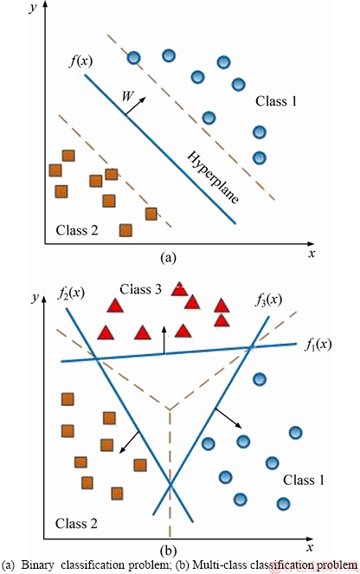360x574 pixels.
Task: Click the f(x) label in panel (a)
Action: (x=80, y=61)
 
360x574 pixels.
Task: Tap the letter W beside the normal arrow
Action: (x=127, y=96)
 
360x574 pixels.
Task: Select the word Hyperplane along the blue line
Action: (x=213, y=177)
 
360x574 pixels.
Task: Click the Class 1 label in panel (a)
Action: (x=276, y=100)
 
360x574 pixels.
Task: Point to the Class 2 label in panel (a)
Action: (x=77, y=230)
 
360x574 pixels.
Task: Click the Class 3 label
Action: (x=140, y=289)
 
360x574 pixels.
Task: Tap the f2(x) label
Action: (x=71, y=293)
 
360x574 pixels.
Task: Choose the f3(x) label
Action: (x=268, y=300)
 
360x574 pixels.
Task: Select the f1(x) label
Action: (x=318, y=345)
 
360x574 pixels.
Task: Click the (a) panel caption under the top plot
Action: (x=168, y=258)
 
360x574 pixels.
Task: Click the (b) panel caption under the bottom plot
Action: (x=168, y=551)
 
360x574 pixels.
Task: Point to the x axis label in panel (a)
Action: (x=312, y=253)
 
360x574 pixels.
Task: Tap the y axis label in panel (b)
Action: (x=35, y=298)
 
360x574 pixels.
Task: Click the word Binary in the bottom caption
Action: (x=38, y=564)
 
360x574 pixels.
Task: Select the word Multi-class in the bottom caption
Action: (x=215, y=564)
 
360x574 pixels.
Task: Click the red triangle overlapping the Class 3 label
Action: (x=179, y=289)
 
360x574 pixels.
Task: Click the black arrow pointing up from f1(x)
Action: (x=164, y=339)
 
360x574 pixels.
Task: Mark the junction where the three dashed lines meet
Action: (x=170, y=410)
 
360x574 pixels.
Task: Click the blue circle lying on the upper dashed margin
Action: (x=134, y=57)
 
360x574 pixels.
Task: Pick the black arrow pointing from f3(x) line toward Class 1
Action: (x=228, y=417)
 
